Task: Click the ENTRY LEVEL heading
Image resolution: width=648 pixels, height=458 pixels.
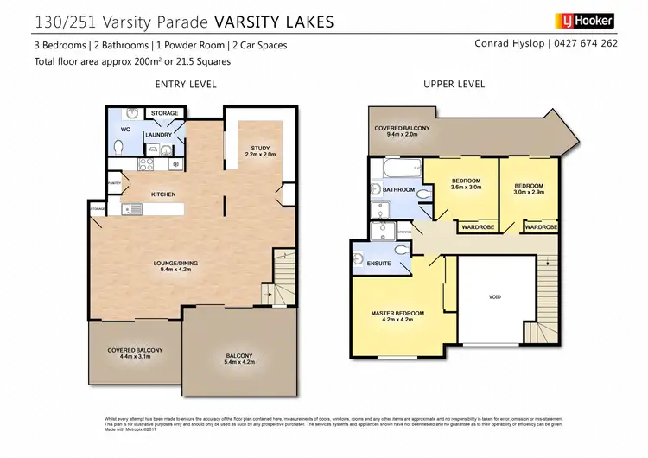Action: pyautogui.click(x=185, y=84)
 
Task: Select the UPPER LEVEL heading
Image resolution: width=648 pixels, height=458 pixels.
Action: pyautogui.click(x=454, y=84)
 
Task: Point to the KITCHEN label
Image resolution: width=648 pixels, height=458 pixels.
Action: pyautogui.click(x=163, y=194)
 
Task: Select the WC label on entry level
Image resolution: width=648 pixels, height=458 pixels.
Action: pyautogui.click(x=125, y=130)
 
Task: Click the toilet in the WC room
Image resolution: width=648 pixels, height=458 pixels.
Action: pyautogui.click(x=118, y=149)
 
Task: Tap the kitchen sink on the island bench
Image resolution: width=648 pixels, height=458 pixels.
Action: pyautogui.click(x=134, y=207)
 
